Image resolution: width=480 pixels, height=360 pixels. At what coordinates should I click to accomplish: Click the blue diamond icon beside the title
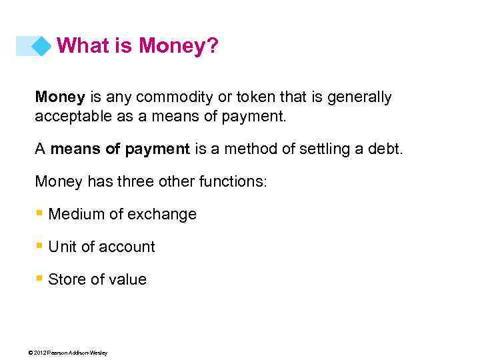(41, 46)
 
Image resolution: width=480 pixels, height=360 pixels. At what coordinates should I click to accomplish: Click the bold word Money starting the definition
(60, 97)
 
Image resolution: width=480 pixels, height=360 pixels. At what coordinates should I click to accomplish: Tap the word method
(249, 149)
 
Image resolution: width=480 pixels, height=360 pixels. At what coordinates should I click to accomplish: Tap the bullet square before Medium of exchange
(39, 213)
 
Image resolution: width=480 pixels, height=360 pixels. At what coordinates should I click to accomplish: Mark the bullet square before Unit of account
(39, 246)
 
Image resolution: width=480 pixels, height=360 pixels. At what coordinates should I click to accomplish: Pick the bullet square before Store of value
(39, 279)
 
